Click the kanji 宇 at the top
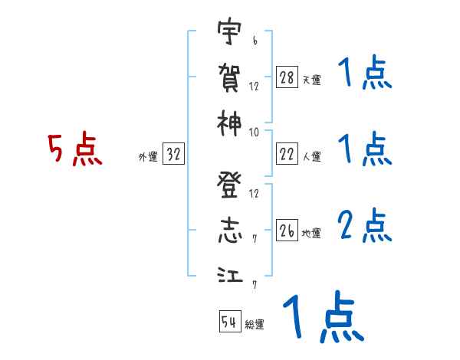click(x=228, y=32)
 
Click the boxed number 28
click(x=286, y=77)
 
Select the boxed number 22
click(x=286, y=155)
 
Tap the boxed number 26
click(x=286, y=231)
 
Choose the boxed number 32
click(x=172, y=155)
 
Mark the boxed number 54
click(x=229, y=322)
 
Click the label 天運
click(x=311, y=80)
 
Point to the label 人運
click(x=311, y=157)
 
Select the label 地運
click(x=311, y=234)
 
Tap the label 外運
click(x=147, y=157)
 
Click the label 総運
click(x=255, y=324)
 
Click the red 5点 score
click(x=75, y=150)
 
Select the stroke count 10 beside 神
click(x=254, y=132)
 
